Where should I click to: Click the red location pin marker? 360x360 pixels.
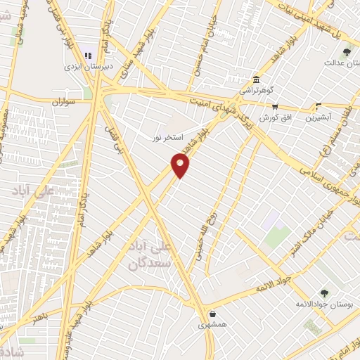[x=181, y=165]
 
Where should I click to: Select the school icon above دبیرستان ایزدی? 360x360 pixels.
[x=89, y=54]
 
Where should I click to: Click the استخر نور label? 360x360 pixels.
[x=167, y=137]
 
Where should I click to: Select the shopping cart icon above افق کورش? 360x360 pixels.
[x=275, y=107]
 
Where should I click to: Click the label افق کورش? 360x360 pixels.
[x=274, y=117]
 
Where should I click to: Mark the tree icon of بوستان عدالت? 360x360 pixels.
[x=347, y=51]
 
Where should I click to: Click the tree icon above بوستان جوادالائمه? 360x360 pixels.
[x=324, y=294]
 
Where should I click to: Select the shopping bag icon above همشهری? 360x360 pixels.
[x=212, y=314]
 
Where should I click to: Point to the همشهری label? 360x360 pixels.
[x=212, y=325]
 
